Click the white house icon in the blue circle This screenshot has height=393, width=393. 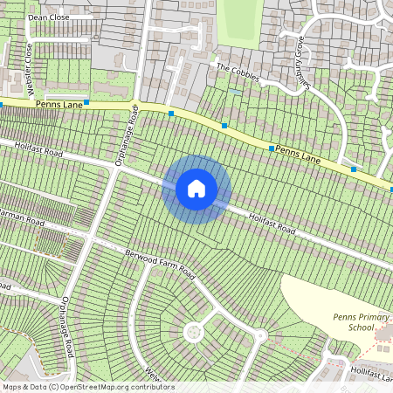(x=196, y=189)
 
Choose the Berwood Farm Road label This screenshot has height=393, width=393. (x=159, y=261)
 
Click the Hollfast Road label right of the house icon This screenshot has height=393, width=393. (x=272, y=224)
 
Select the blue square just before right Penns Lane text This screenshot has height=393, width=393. (x=272, y=148)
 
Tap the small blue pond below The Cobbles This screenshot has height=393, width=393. (x=235, y=91)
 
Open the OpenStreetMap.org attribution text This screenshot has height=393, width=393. (x=87, y=386)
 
